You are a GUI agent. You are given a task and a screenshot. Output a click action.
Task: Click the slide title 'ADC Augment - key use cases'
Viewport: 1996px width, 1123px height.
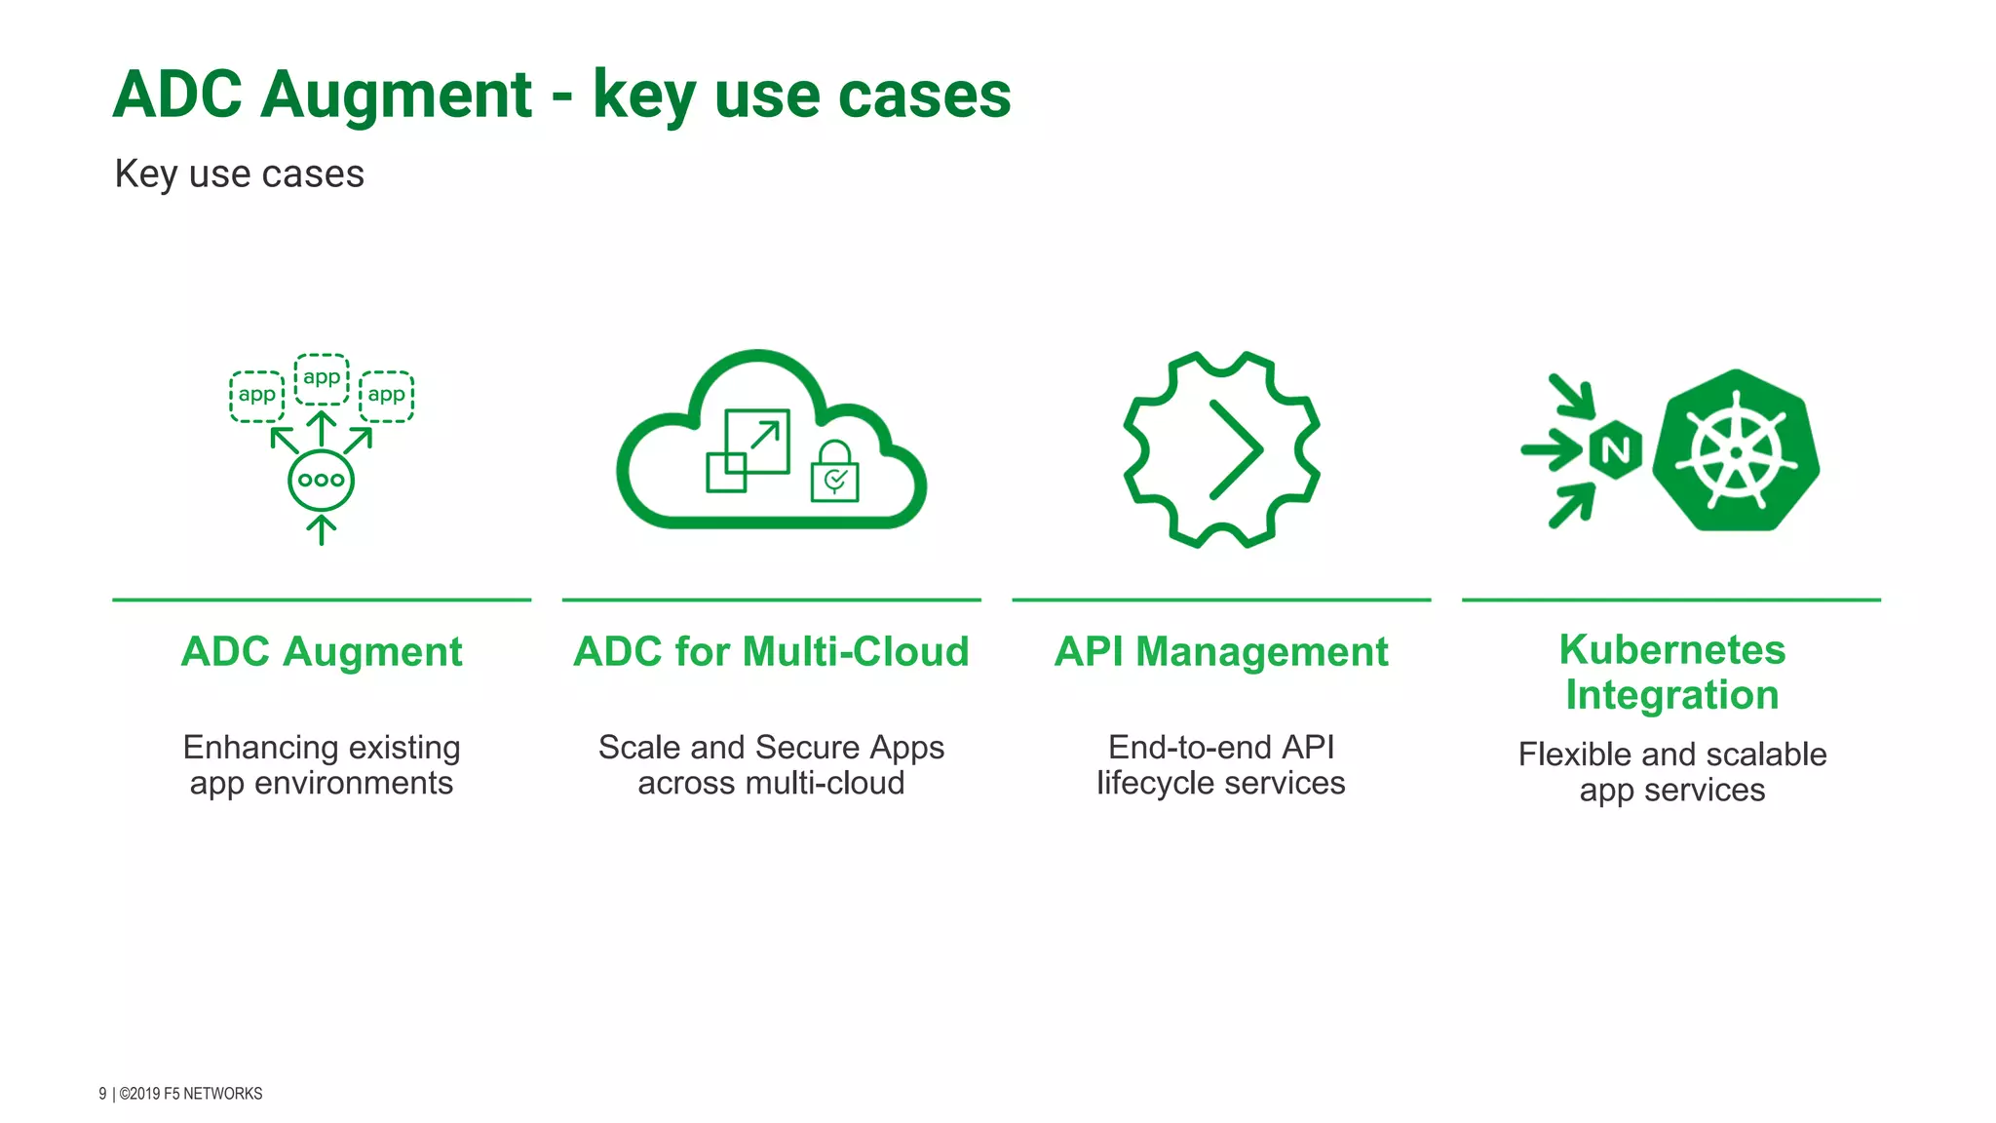coord(561,96)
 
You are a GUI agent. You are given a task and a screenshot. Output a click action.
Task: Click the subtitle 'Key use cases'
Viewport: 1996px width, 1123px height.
coord(239,174)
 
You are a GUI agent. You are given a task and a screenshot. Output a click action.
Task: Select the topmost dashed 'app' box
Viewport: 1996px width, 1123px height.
coord(322,378)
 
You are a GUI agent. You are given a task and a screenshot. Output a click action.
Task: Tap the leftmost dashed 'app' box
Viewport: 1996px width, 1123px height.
coord(256,396)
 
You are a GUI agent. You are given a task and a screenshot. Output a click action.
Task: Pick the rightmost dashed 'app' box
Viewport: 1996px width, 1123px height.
coord(387,396)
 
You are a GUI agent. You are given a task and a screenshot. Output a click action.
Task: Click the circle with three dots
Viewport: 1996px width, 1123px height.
coord(321,480)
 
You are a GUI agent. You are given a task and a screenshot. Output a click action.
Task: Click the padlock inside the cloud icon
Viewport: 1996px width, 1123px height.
coord(835,473)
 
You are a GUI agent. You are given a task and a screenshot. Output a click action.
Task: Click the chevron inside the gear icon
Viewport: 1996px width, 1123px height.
coord(1235,449)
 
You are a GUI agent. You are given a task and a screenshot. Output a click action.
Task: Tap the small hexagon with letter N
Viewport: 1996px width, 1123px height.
coord(1615,450)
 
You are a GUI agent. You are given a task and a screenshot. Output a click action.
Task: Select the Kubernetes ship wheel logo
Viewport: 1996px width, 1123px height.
coord(1736,451)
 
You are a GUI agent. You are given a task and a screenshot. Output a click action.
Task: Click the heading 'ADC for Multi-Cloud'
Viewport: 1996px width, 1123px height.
coord(771,651)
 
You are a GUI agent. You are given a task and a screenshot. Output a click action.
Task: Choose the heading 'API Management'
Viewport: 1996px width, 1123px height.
coord(1221,651)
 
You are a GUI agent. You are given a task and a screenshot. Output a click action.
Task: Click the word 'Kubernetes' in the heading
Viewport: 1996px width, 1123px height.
coord(1671,649)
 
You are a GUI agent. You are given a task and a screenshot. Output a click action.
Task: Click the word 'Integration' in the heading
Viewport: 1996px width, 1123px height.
coord(1671,695)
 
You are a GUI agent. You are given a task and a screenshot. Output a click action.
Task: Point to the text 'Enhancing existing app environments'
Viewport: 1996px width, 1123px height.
coord(322,765)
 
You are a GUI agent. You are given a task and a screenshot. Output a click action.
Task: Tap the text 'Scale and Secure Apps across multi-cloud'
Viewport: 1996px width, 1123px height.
coord(771,765)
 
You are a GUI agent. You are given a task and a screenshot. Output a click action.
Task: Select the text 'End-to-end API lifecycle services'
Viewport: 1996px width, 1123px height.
coord(1221,765)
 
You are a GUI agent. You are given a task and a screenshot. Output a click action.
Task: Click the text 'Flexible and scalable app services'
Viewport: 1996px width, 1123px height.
coord(1671,772)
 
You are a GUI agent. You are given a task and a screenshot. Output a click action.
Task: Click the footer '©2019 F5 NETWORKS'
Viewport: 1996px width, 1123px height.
coord(190,1094)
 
